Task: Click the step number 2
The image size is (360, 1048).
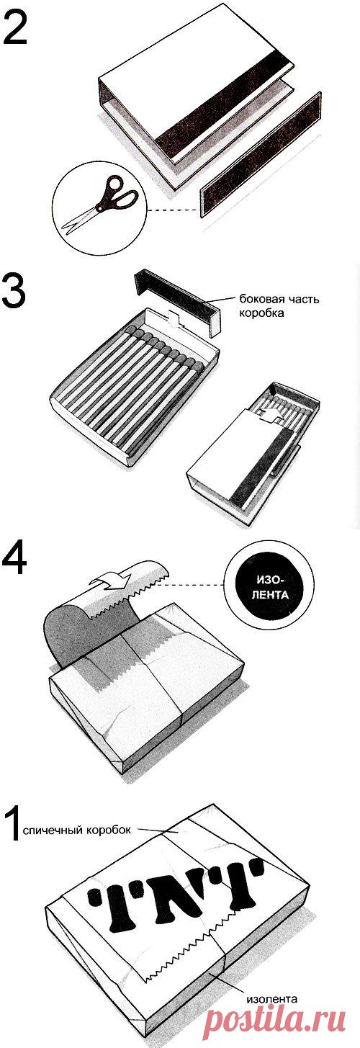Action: coord(15,28)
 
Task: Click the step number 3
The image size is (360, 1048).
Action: coord(14,291)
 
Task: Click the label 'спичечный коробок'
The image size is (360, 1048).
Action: coord(77,830)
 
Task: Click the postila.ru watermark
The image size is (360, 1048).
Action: coord(276,1027)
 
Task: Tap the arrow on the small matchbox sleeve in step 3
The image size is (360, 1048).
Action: coord(269,416)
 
